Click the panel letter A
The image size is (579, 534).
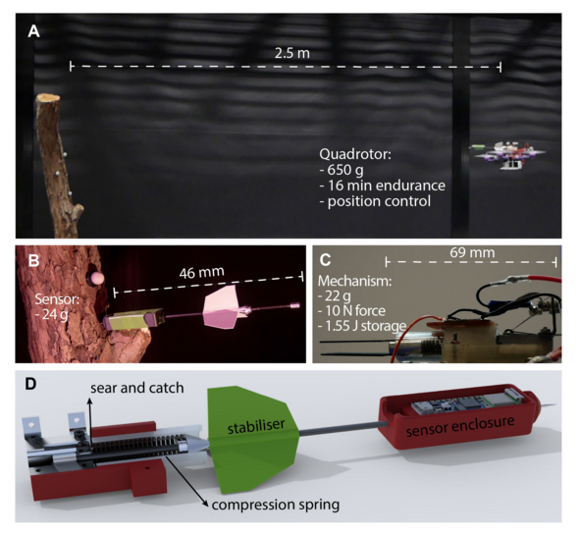[x=33, y=31]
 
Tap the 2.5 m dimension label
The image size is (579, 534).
[x=292, y=53]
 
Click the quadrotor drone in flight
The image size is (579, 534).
[x=508, y=154]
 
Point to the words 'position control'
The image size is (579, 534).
[x=379, y=201]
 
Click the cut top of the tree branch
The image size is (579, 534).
[x=48, y=98]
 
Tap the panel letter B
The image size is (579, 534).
[x=33, y=260]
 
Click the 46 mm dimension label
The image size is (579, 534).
[x=201, y=273]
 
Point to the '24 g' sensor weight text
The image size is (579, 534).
[x=55, y=315]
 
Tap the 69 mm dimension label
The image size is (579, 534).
[x=472, y=253]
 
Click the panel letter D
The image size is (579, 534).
[x=30, y=384]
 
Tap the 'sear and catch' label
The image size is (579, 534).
[x=137, y=388]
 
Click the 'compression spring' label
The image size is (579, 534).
[x=276, y=505]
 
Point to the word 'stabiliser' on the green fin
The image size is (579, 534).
[x=256, y=426]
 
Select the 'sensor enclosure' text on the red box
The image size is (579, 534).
[x=460, y=426]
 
